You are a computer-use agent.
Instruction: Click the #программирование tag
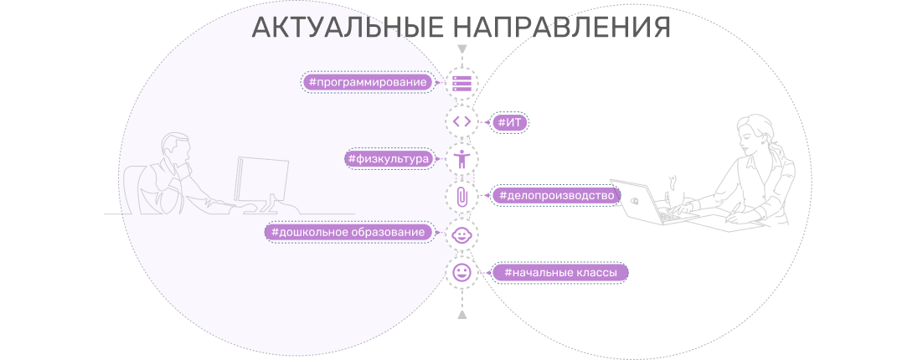click(368, 82)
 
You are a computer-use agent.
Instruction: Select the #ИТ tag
click(510, 122)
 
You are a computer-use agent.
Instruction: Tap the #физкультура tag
click(389, 159)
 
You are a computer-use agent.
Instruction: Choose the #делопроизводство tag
click(556, 195)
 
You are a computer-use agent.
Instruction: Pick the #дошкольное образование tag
click(348, 233)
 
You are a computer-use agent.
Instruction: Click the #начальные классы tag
click(559, 272)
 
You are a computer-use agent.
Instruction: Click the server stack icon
click(462, 84)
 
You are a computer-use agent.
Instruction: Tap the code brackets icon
click(462, 121)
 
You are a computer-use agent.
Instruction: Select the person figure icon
click(462, 159)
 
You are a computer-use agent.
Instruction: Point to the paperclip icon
click(462, 196)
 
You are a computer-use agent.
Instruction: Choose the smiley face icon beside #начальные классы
click(462, 272)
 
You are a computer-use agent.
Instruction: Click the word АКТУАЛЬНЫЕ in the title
click(348, 28)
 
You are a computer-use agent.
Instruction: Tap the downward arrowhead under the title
click(462, 49)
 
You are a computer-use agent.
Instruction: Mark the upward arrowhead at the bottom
click(462, 315)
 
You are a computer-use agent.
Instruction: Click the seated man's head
click(175, 149)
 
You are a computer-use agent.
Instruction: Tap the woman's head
click(754, 133)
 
